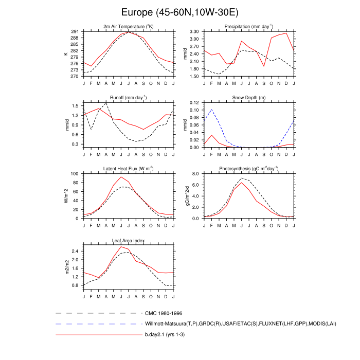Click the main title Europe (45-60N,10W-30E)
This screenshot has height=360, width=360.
[x=180, y=11]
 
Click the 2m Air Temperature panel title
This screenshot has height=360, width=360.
[x=129, y=27]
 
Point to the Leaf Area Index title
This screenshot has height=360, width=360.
[x=129, y=241]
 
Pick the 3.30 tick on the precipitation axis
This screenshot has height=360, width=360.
[x=194, y=32]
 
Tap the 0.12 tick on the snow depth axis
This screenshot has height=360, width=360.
[x=194, y=103]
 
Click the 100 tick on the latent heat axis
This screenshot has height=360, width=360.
[x=75, y=174]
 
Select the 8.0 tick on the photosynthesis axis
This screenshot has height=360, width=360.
[x=195, y=174]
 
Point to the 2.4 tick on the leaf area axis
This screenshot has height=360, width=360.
[x=76, y=251]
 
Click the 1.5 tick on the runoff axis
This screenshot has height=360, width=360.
[x=76, y=105]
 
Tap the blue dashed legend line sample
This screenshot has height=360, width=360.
[x=98, y=324]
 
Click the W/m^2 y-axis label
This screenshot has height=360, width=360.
[x=66, y=196]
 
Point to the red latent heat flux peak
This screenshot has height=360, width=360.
[x=121, y=177]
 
